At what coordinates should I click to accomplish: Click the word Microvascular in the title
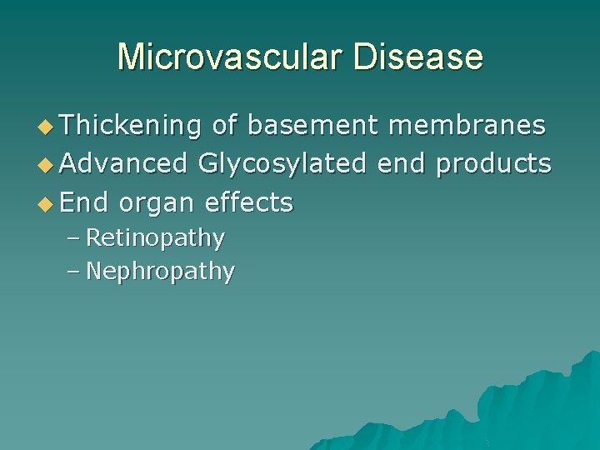[x=229, y=57]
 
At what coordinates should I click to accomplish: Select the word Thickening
[x=131, y=125]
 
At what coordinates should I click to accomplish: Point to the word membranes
[x=467, y=125]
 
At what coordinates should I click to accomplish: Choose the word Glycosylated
[x=282, y=164]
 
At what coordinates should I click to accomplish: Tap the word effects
[x=248, y=202]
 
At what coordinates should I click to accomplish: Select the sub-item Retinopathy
[x=155, y=238]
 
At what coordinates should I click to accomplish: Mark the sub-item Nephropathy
[x=160, y=272]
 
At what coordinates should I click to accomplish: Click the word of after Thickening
[x=223, y=125]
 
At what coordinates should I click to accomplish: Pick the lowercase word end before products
[x=401, y=163]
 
